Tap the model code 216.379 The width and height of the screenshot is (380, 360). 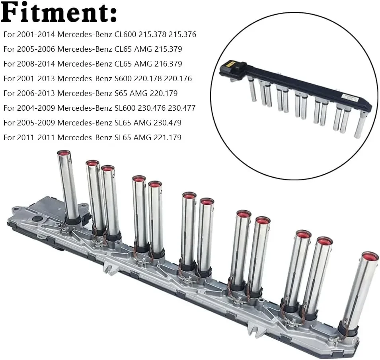167,64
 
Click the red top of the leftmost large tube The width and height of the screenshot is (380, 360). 64,153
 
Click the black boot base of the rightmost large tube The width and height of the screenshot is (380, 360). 347,330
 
